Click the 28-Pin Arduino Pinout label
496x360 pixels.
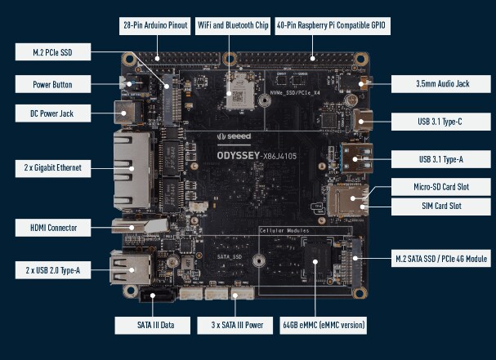[x=155, y=25]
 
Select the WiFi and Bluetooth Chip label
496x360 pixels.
[x=233, y=25]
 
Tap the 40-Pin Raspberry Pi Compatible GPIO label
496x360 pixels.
[x=332, y=25]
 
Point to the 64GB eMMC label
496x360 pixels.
[x=324, y=326]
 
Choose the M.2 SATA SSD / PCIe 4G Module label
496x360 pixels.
[x=441, y=259]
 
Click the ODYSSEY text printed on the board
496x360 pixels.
[x=238, y=153]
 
